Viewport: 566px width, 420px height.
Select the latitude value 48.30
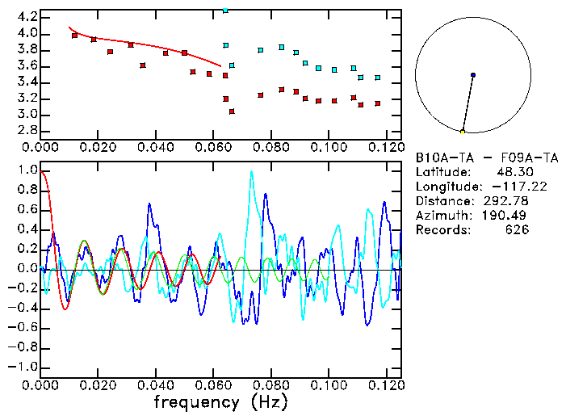point(509,172)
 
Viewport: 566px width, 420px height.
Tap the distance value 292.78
point(505,201)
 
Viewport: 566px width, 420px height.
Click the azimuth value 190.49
point(505,216)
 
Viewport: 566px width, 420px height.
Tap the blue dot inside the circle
point(473,75)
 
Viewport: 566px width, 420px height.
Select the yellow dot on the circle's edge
point(463,132)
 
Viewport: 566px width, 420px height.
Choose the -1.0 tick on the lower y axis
point(23,367)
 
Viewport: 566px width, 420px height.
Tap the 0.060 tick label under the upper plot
point(213,147)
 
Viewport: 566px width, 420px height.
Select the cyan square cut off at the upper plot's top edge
point(225,10)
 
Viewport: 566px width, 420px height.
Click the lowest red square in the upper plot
point(232,111)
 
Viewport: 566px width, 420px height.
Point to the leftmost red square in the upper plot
point(74,36)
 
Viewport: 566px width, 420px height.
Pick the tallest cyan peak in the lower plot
point(252,172)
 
